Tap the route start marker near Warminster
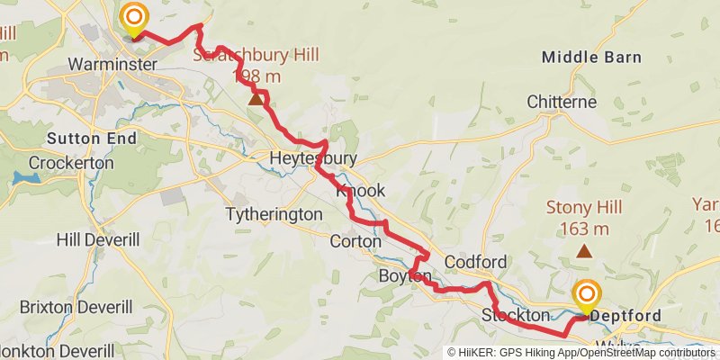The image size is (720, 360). point(134,18)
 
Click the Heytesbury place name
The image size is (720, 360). point(313,159)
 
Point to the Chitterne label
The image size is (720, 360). point(562,102)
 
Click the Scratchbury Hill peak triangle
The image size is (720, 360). point(256,99)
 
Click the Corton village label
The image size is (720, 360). point(355,241)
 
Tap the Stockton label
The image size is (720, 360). point(515,316)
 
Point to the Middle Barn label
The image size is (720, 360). point(591,58)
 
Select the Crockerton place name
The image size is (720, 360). point(71,163)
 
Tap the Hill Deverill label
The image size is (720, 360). point(98,239)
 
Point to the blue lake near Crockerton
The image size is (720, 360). point(27,178)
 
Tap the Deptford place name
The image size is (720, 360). point(628,316)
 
